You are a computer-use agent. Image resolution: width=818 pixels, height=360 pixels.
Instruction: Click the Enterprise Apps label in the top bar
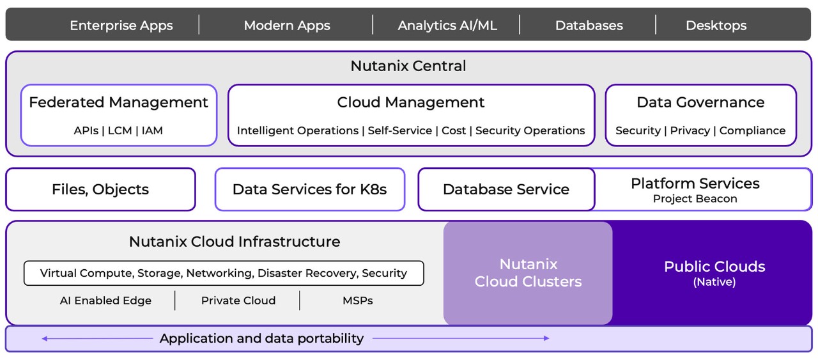point(121,26)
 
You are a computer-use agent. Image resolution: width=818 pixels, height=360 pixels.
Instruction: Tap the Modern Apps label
point(287,26)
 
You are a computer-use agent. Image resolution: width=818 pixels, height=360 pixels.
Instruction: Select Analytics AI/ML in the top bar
point(447,26)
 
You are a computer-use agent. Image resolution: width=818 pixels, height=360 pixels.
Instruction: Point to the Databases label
point(589,26)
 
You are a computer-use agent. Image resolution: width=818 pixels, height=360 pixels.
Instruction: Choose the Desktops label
point(716,26)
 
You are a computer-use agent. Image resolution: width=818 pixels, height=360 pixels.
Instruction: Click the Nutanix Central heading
point(408,66)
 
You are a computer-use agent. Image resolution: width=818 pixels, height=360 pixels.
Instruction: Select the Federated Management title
point(118,102)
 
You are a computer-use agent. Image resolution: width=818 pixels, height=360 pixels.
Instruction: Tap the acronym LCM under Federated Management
point(120,130)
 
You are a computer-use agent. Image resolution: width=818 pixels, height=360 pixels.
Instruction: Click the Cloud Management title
point(411,102)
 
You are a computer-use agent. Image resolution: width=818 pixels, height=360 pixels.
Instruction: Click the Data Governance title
point(700,102)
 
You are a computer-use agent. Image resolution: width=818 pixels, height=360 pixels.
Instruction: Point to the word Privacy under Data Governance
point(690,130)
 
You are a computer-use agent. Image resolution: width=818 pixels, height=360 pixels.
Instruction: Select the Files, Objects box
point(100,189)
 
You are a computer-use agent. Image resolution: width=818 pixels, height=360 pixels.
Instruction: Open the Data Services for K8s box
point(309,189)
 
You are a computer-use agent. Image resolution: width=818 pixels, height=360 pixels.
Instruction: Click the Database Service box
point(505,189)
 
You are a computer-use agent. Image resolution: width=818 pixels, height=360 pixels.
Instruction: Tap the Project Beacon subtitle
point(695,199)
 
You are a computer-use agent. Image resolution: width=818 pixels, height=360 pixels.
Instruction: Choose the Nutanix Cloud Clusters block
point(528,273)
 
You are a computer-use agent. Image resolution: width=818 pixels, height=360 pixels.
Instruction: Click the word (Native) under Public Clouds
point(714,282)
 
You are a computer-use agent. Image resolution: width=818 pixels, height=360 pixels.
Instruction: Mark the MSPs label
point(357,301)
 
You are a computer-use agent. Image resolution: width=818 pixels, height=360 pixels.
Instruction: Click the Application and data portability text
point(261,338)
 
